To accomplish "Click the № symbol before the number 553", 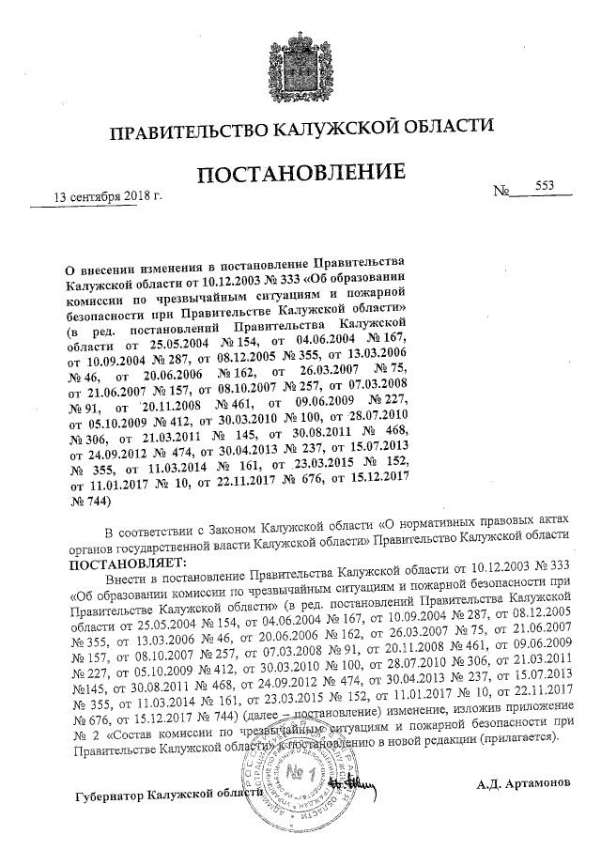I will (501, 192).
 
